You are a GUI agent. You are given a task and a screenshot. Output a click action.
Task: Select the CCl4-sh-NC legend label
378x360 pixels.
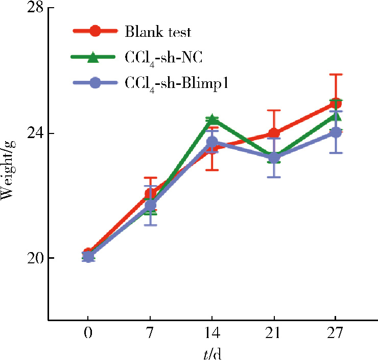163,57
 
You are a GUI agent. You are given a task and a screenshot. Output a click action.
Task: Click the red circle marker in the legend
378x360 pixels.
94,32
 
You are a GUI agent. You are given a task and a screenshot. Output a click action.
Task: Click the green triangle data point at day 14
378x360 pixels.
212,120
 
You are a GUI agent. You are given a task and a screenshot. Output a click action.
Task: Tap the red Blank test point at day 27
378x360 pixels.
335,104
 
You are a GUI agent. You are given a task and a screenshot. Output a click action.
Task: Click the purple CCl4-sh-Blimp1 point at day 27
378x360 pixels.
335,132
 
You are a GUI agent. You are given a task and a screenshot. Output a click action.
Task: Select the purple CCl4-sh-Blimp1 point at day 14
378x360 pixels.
212,142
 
